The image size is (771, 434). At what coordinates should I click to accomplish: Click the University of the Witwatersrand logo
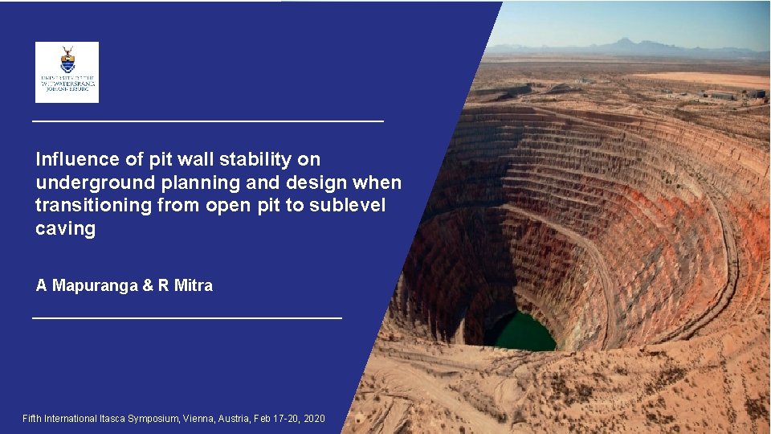(67, 72)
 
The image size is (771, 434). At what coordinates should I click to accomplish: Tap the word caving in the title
(65, 229)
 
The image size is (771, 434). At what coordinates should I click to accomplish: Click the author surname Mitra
(193, 285)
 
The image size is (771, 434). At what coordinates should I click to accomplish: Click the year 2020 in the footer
(314, 419)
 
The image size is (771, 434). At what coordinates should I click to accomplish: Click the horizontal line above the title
(207, 121)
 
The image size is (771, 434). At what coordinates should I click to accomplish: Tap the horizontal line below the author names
(186, 319)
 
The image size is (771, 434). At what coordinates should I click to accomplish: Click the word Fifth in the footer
(32, 419)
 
